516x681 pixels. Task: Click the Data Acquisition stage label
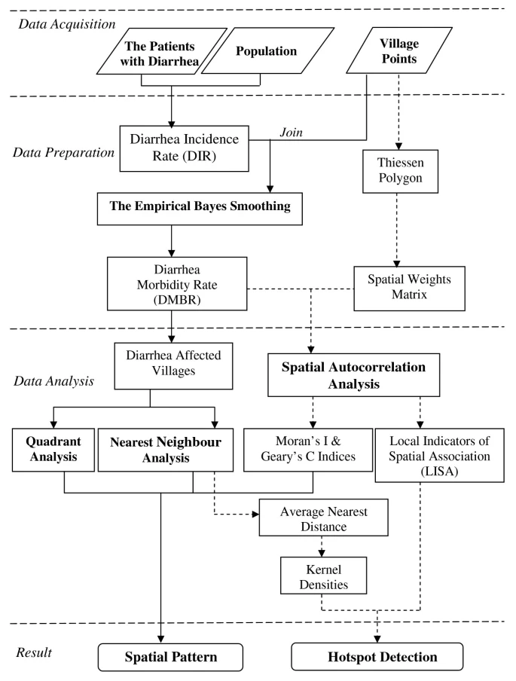point(62,24)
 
